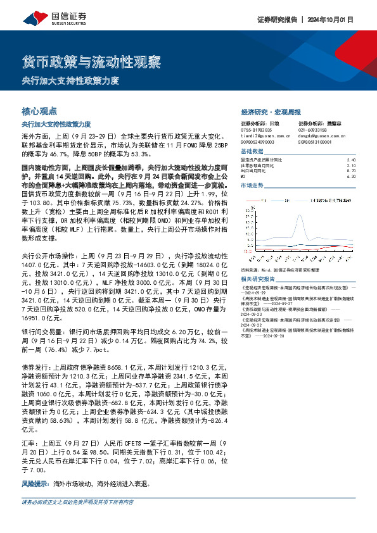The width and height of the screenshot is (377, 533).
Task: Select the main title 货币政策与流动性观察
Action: (91, 63)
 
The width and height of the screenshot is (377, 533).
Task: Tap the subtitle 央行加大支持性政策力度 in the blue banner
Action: (70, 81)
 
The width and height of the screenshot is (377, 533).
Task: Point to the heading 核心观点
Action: (39, 110)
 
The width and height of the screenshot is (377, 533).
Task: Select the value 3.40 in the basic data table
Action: (352, 160)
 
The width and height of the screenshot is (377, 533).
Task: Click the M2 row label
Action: (244, 177)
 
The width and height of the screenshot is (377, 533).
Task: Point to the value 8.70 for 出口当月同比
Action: (352, 172)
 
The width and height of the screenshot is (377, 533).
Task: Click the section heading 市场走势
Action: (252, 185)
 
